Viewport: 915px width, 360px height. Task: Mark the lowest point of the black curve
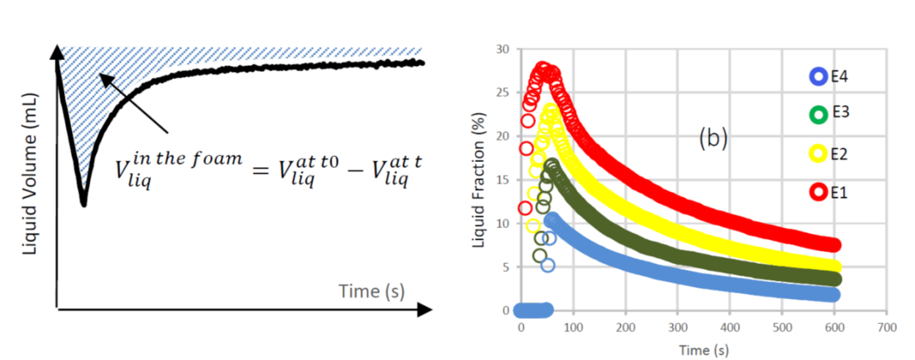(84, 204)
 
